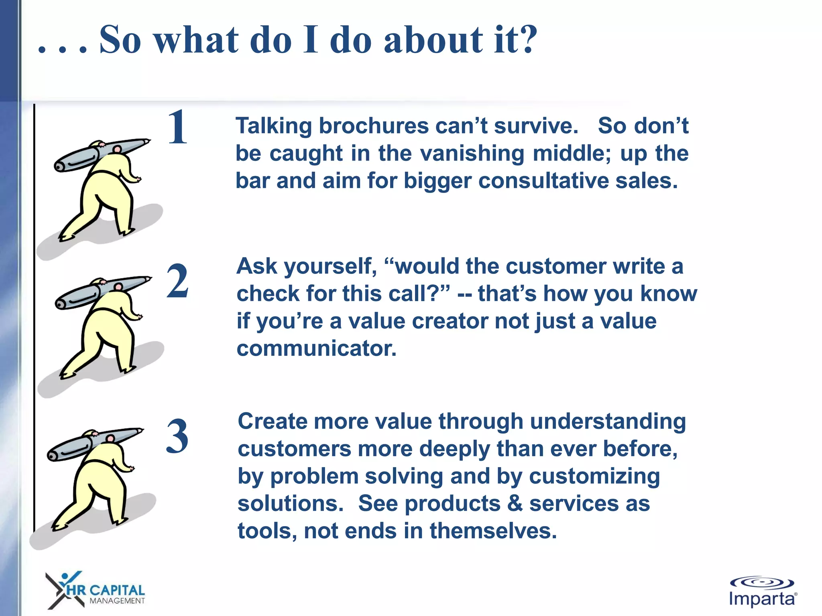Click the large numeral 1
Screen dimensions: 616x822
(x=177, y=127)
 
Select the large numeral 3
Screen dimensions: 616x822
(x=177, y=436)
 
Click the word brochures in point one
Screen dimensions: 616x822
(x=374, y=126)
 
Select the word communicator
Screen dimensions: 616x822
(x=316, y=349)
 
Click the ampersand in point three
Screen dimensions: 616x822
(x=515, y=504)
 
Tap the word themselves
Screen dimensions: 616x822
(x=493, y=531)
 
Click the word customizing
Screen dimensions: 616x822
(x=594, y=476)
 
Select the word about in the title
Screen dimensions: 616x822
(x=433, y=40)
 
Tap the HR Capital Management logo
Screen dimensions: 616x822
(x=96, y=590)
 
